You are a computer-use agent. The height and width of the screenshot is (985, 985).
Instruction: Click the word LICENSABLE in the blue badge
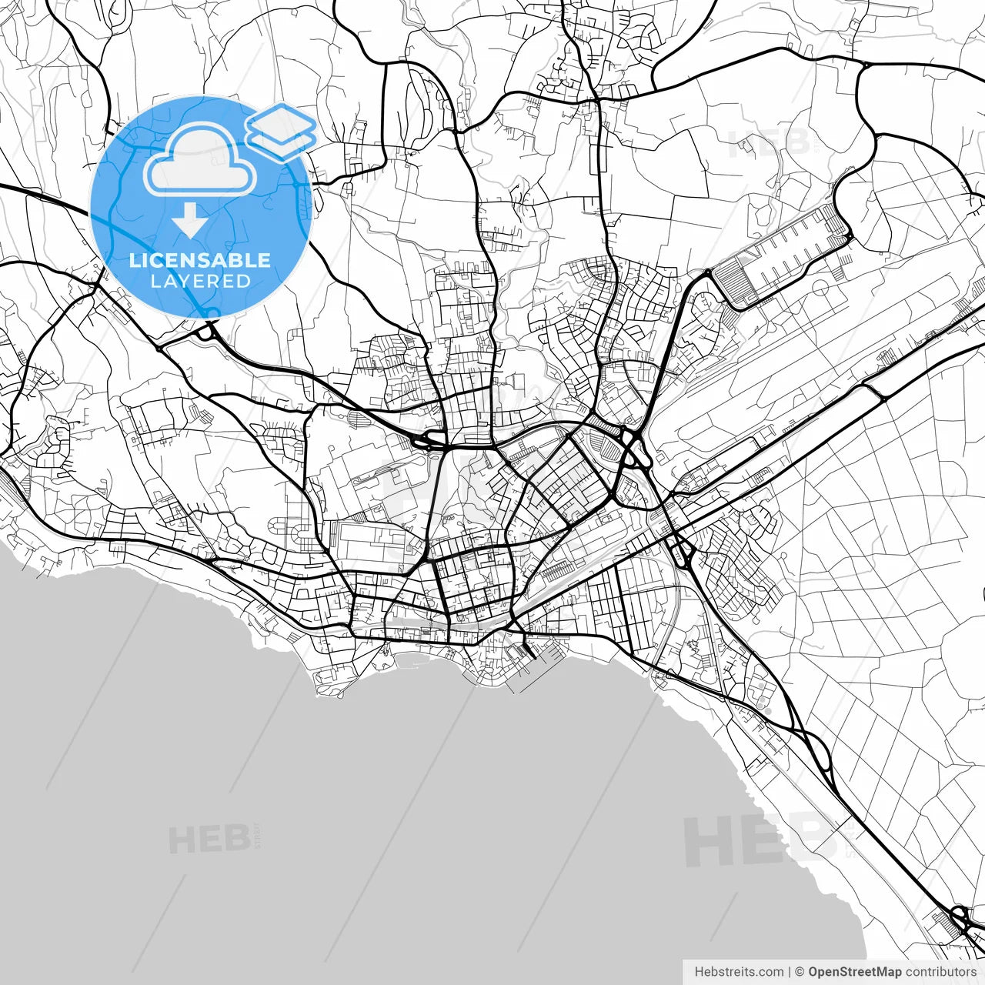[x=200, y=260]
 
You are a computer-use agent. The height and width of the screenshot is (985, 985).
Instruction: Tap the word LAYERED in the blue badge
[x=200, y=281]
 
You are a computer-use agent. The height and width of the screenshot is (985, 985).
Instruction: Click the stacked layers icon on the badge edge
[x=282, y=131]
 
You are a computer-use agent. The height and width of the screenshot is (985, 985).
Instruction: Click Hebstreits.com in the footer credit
[x=739, y=972]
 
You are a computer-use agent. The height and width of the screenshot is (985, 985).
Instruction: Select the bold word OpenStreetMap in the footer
[x=855, y=972]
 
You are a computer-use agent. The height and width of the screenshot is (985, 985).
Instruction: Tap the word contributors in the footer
[x=940, y=972]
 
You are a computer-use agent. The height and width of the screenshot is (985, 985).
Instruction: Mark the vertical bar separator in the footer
[x=790, y=972]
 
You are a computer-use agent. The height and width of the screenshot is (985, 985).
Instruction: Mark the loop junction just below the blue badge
[x=206, y=332]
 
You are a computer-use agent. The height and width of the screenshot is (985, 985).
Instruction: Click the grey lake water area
[x=385, y=808]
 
